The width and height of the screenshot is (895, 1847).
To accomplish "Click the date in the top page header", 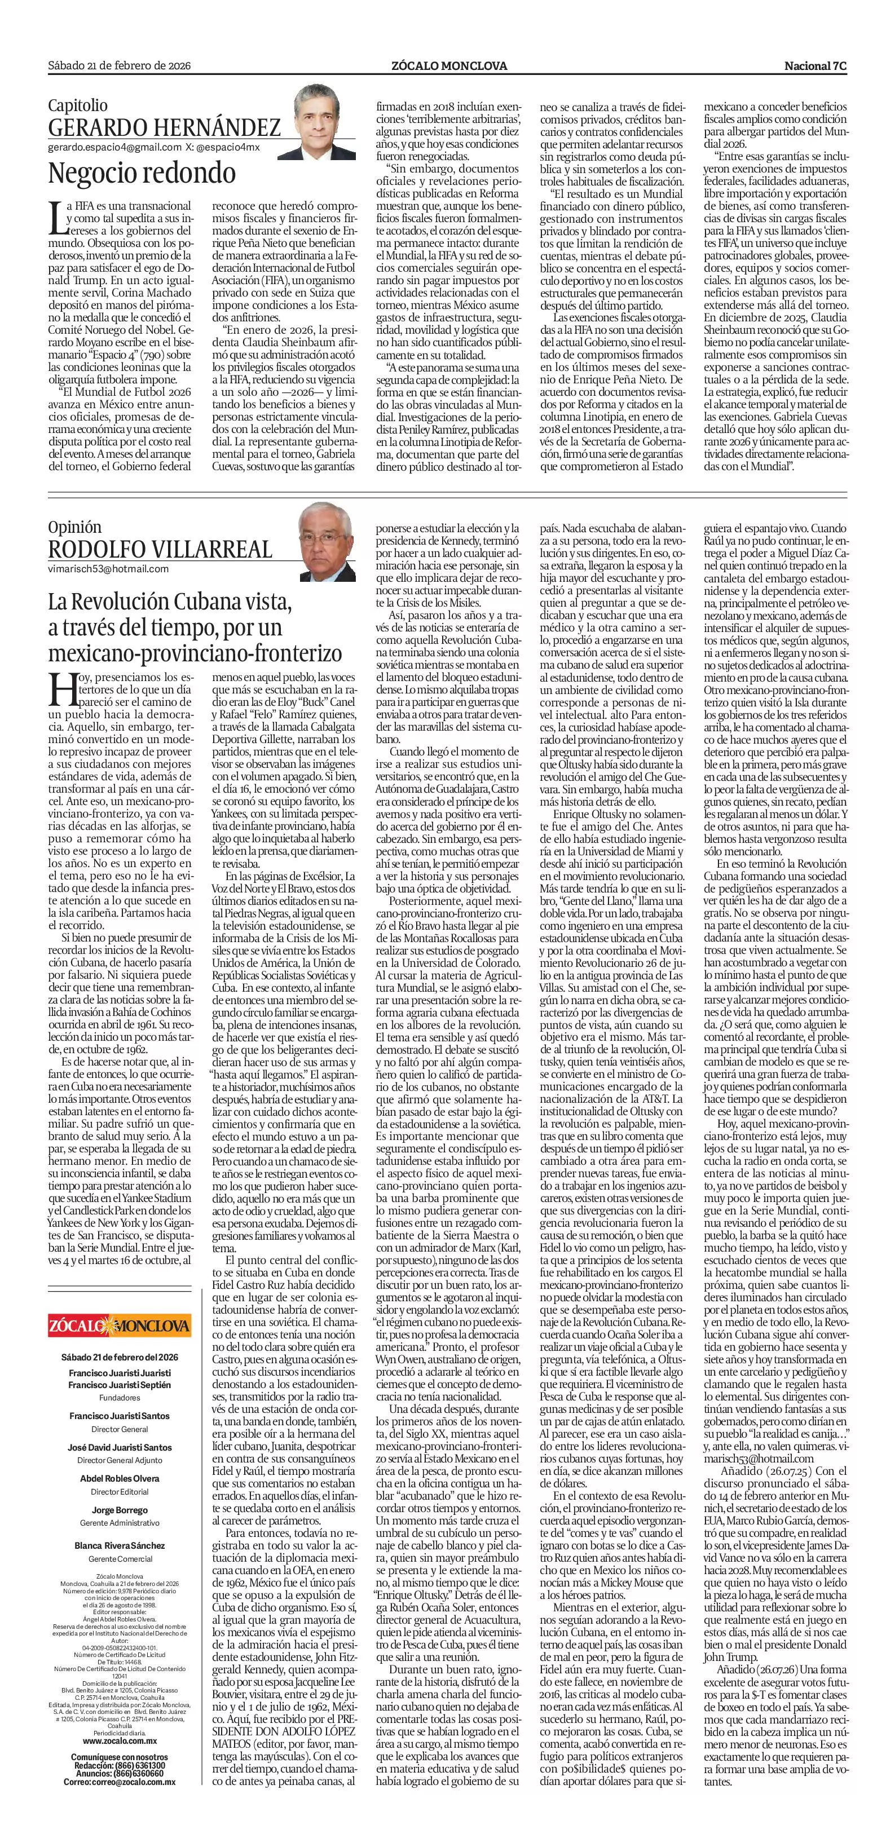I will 119,66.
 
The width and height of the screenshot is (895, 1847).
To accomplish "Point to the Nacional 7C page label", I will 815,66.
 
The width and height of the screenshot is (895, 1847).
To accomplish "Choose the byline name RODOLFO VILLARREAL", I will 160,549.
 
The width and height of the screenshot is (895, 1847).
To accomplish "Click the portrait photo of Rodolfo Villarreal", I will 327,541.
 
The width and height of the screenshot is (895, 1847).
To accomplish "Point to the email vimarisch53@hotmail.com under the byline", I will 108,569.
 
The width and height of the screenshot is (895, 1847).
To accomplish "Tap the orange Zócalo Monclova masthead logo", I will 120,1324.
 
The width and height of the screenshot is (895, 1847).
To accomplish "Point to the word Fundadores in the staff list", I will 120,1398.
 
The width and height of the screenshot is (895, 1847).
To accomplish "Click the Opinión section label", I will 74,527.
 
